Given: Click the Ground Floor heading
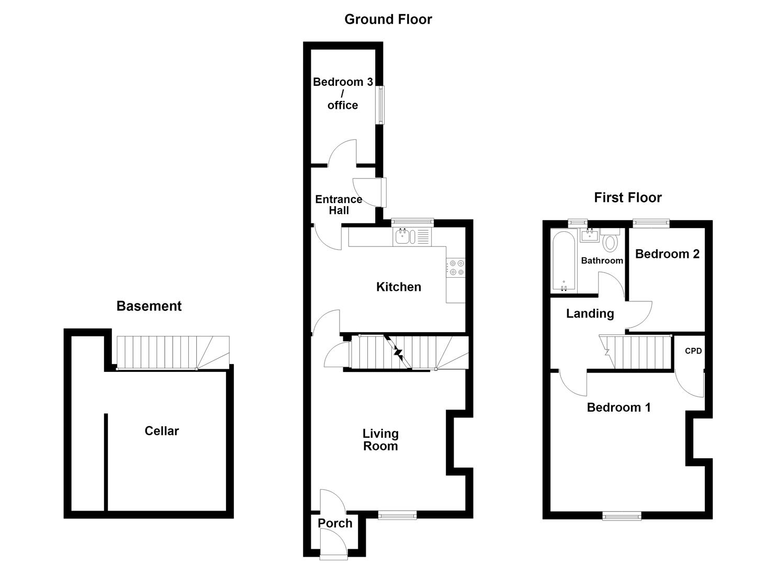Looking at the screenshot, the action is tap(388, 19).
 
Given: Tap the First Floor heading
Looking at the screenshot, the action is tap(628, 198).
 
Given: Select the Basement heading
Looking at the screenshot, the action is tap(149, 306).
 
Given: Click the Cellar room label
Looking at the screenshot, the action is tap(162, 431).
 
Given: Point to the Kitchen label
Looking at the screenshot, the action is tap(399, 287).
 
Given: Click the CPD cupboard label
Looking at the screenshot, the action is tap(693, 351).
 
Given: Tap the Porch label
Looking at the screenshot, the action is tap(335, 523).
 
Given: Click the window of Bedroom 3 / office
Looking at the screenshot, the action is tap(381, 105).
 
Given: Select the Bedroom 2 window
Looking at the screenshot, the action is tap(651, 223).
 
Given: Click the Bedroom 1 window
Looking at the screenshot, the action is tap(622, 516).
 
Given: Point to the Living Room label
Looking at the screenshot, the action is tap(380, 439).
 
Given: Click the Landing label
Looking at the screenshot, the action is tap(590, 313).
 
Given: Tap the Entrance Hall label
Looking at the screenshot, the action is tap(339, 205).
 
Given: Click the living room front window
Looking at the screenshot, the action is tap(397, 515).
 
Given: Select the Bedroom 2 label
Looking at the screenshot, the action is tap(667, 254).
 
